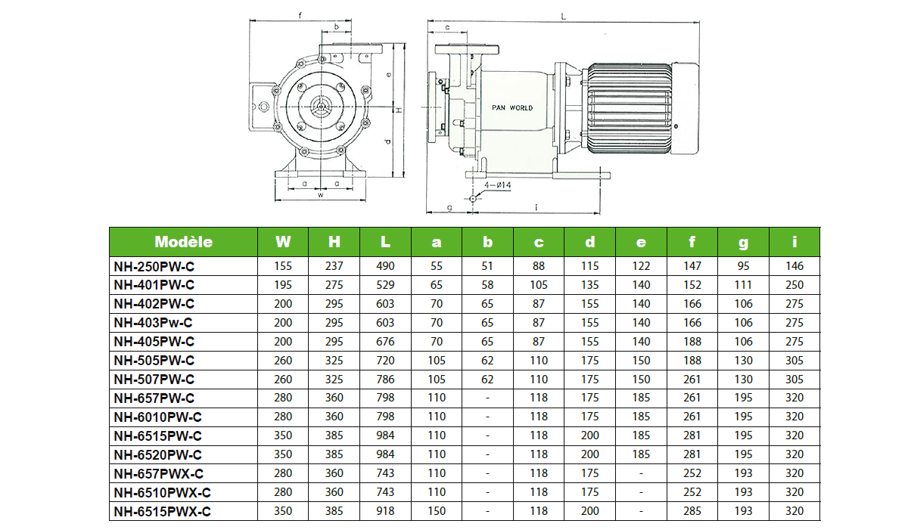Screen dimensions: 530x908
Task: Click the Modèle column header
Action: tap(183, 242)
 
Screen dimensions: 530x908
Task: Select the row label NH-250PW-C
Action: tap(154, 266)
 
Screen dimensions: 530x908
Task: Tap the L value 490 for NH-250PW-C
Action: tap(385, 266)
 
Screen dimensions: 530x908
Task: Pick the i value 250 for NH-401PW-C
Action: tap(794, 285)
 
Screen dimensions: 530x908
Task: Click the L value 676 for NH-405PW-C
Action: tap(385, 342)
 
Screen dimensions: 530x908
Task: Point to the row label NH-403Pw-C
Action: tap(154, 323)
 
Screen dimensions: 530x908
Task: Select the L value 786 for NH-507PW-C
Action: tap(385, 380)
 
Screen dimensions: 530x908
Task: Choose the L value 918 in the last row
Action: tap(385, 511)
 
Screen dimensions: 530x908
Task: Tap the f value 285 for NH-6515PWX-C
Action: tap(692, 511)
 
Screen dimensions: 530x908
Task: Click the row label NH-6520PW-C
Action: tap(157, 454)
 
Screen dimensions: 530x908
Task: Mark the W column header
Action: tap(283, 242)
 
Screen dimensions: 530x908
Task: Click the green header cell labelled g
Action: tap(743, 242)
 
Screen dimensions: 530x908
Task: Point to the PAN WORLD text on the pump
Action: tap(512, 108)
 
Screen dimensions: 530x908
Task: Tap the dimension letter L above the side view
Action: tap(563, 14)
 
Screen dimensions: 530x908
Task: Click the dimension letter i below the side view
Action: tap(536, 206)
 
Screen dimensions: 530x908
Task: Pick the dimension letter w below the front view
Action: tap(320, 194)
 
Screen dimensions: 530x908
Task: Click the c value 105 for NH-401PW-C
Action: tap(539, 285)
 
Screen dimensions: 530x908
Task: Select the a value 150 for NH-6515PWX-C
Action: tap(437, 511)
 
